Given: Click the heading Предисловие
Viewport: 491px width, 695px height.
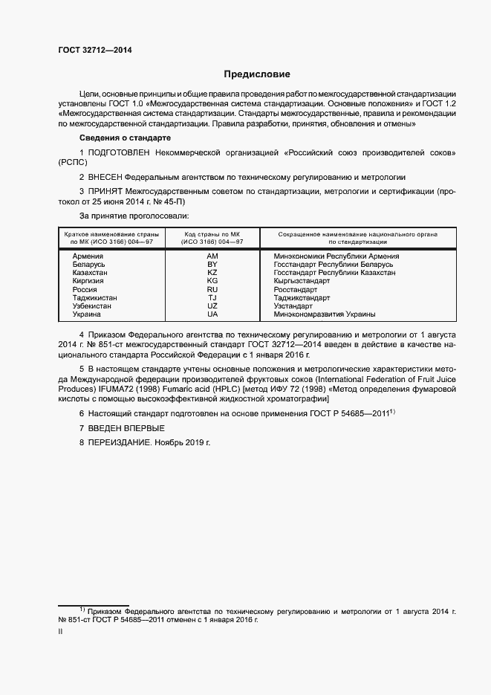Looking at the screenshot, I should [x=258, y=74].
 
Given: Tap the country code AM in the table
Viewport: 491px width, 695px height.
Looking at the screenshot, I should [x=212, y=256].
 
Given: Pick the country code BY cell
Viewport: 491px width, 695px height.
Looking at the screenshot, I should [x=212, y=264].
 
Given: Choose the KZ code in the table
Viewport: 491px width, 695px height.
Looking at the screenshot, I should [x=212, y=273].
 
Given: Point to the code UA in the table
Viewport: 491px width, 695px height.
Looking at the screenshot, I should [x=212, y=314].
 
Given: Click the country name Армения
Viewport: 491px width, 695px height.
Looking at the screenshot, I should [x=88, y=256].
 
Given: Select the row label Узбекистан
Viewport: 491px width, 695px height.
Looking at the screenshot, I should [x=94, y=306].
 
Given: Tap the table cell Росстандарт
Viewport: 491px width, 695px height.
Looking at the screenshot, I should [x=297, y=289].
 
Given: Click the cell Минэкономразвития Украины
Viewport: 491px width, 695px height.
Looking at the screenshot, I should [x=325, y=314].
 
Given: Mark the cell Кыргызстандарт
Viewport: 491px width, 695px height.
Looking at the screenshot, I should [x=302, y=281].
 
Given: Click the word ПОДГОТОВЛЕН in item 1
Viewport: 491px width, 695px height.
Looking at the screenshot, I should [x=118, y=152].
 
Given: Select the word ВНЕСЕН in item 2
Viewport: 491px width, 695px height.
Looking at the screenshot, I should [x=104, y=178].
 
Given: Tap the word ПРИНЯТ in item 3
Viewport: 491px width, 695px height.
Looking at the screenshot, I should [x=105, y=192].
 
